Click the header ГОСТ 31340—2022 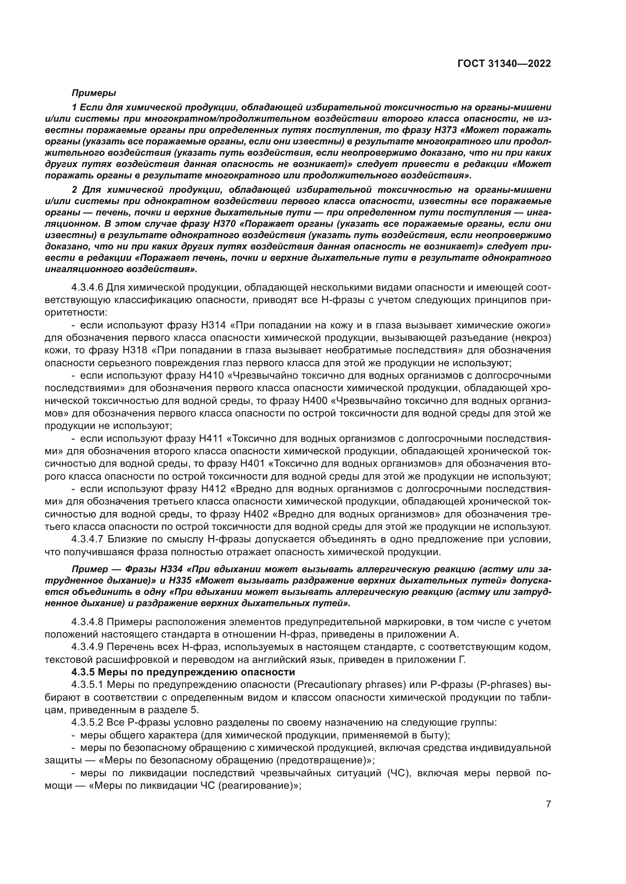tap(504, 64)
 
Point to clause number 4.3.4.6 tap(87, 287)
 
